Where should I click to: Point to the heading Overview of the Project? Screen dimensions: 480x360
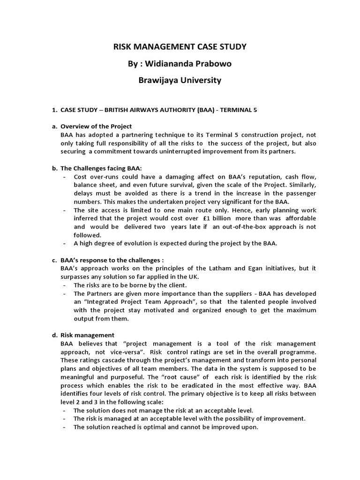pyautogui.click(x=96, y=127)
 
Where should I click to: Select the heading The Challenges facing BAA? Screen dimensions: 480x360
pyautogui.click(x=101, y=168)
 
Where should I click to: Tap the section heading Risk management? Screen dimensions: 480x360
pyautogui.click(x=87, y=335)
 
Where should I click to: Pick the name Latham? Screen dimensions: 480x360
pyautogui.click(x=204, y=268)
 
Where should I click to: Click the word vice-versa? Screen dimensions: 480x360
pyautogui.click(x=131, y=352)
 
